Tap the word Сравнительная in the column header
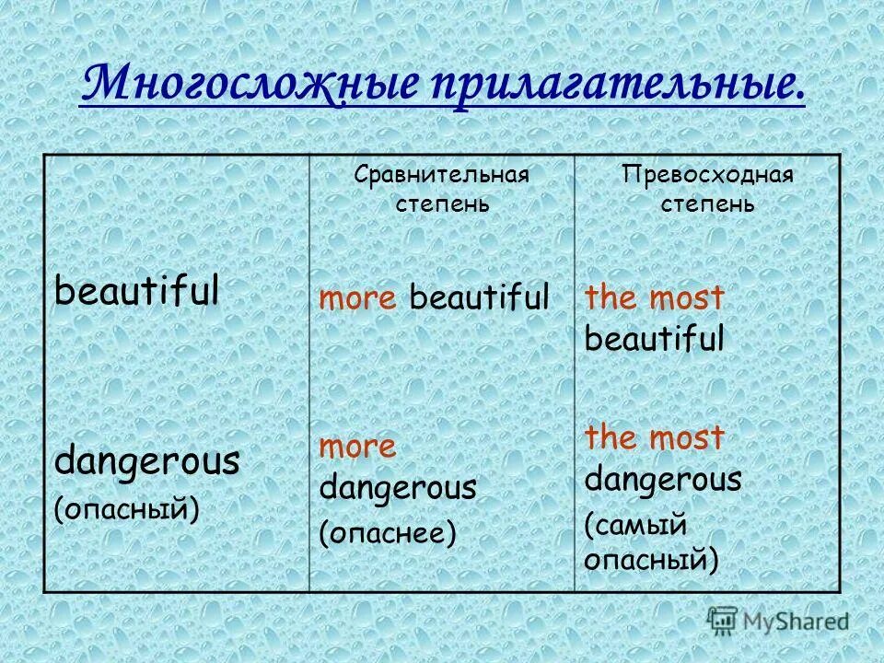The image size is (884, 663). tap(442, 175)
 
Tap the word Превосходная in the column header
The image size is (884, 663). tap(707, 175)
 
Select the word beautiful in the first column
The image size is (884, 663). tap(136, 292)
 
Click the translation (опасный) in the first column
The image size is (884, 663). tap(127, 507)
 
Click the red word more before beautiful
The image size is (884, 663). tap(358, 297)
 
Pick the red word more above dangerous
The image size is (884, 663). tap(357, 447)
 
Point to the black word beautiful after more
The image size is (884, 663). tap(479, 297)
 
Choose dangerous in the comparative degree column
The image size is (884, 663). tap(398, 487)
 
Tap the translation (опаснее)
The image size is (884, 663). tap(388, 533)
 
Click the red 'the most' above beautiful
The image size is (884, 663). tap(655, 298)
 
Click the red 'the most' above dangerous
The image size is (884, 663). tap(655, 438)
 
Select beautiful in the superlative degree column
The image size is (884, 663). tap(655, 340)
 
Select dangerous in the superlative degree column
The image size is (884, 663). tap(663, 480)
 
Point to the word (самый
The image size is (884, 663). tap(635, 525)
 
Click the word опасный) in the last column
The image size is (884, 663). tap(651, 558)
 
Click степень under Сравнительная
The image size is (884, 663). tap(442, 204)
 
